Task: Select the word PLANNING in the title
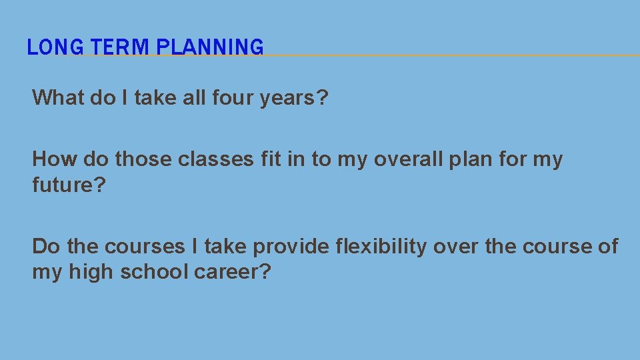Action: click(x=211, y=47)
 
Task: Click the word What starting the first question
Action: click(x=59, y=98)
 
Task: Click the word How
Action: click(x=52, y=159)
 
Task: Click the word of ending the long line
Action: click(x=608, y=247)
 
